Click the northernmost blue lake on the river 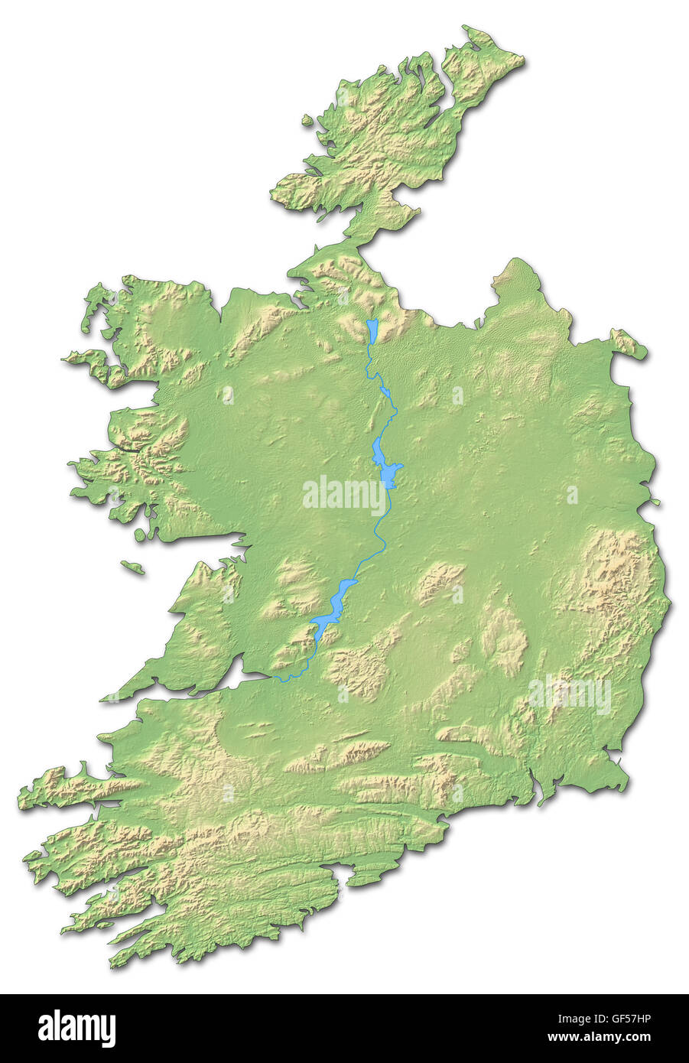(x=372, y=332)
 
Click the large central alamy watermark (x=345, y=495)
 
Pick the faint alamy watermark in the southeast (x=570, y=694)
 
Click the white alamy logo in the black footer (x=76, y=1028)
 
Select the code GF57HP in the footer (x=619, y=1019)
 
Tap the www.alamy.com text (x=607, y=1037)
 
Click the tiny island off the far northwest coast (x=307, y=120)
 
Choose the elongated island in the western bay (x=132, y=567)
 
